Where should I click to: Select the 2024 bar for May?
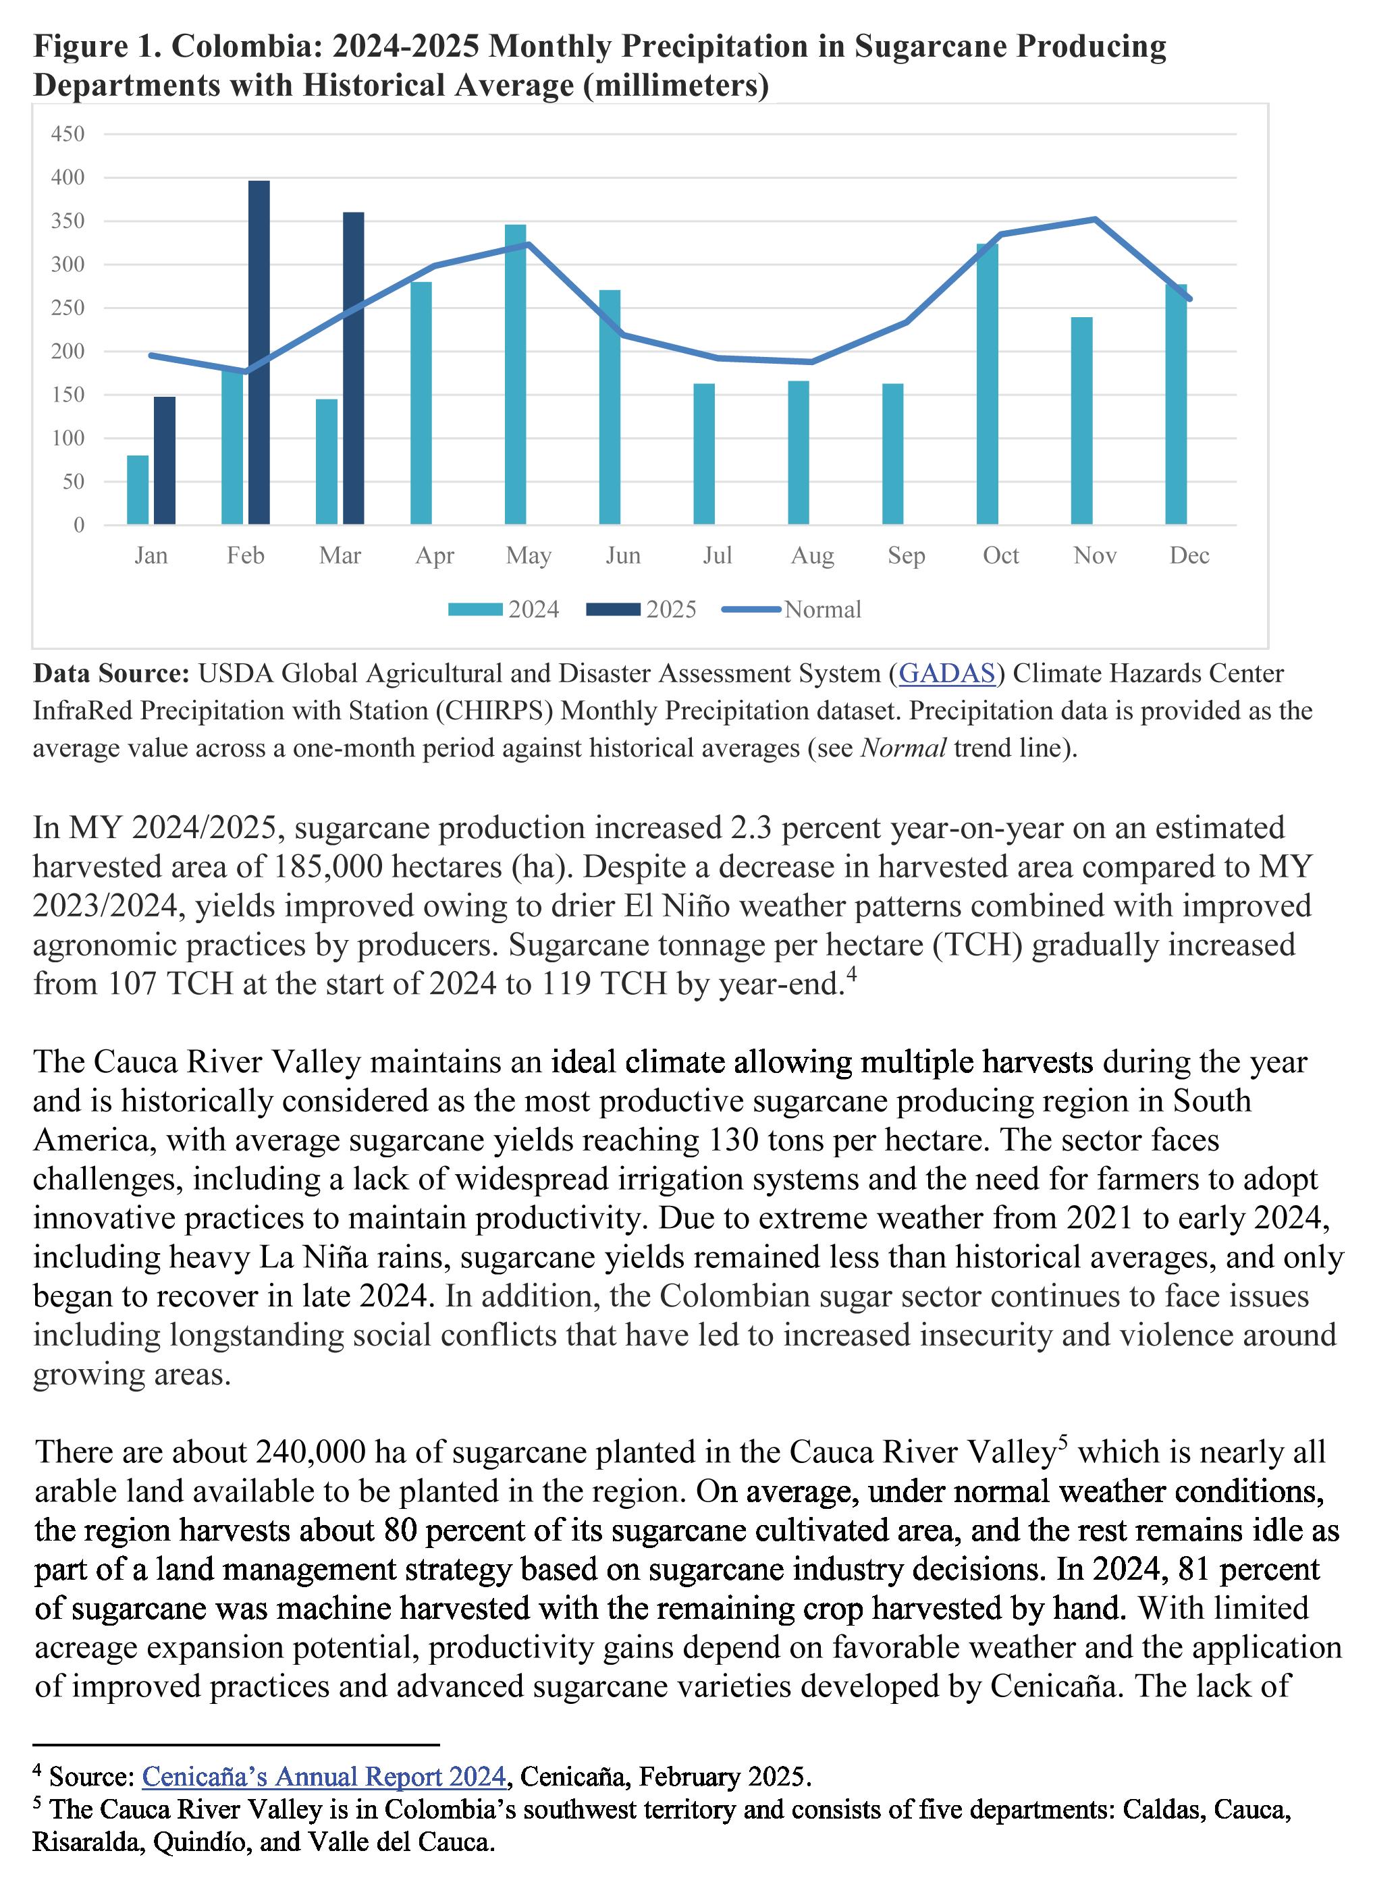point(515,375)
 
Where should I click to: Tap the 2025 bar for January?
point(165,461)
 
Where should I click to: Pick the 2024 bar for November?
point(1081,421)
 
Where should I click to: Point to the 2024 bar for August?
point(799,453)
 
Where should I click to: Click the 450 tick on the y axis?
point(68,134)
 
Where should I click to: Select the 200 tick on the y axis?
point(68,352)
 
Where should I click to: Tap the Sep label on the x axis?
point(906,555)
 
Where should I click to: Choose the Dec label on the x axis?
point(1189,555)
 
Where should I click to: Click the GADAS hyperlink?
point(946,673)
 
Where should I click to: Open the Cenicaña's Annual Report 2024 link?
point(324,1776)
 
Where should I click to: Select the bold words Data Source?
point(111,673)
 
